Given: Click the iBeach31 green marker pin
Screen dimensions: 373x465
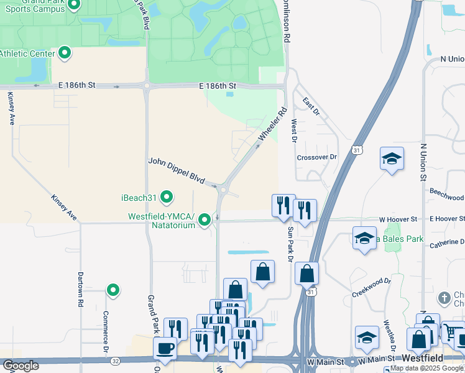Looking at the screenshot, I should (167, 198).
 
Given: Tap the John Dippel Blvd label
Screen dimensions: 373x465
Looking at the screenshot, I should (177, 170).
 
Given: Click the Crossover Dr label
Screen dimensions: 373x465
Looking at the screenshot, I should (316, 157).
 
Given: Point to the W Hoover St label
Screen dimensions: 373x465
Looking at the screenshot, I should (398, 219).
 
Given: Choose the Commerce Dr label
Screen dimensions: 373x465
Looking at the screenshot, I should (106, 329).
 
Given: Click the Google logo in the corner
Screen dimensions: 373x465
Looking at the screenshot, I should (21, 366).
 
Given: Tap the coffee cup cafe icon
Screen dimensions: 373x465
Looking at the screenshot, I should (165, 348).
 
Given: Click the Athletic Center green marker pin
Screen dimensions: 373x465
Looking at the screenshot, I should (64, 53).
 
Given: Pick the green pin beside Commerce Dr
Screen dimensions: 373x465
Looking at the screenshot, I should (113, 290).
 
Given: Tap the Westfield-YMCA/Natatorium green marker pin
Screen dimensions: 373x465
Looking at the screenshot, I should (205, 221).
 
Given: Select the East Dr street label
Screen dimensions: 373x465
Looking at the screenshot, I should (311, 106).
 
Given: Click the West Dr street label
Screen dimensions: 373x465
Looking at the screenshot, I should (293, 130).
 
